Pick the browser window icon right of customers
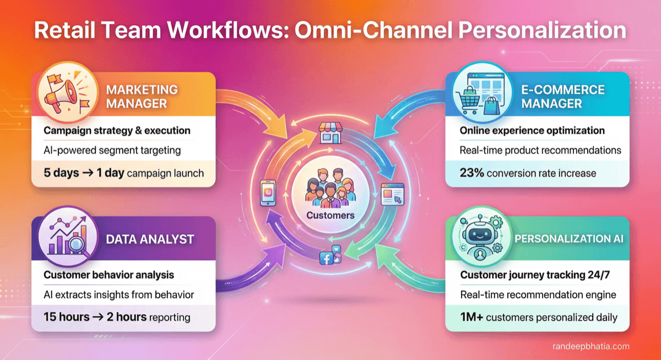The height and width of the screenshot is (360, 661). (392, 194)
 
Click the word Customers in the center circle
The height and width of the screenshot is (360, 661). (330, 215)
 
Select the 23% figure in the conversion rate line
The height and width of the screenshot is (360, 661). (472, 173)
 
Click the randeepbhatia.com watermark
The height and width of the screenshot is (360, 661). (590, 346)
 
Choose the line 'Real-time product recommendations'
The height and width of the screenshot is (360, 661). (540, 150)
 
